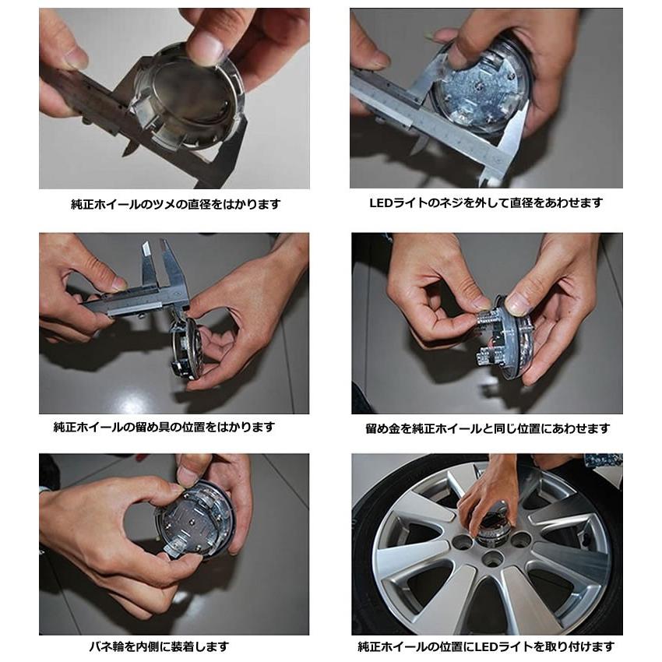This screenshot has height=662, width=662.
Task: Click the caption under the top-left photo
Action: pyautogui.click(x=176, y=204)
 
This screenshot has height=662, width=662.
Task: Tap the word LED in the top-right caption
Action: pyautogui.click(x=381, y=203)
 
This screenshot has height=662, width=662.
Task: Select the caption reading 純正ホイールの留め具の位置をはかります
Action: pyautogui.click(x=164, y=427)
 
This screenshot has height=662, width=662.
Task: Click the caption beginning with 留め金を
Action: pyautogui.click(x=488, y=428)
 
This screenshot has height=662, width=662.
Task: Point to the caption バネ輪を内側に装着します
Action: pyautogui.click(x=159, y=646)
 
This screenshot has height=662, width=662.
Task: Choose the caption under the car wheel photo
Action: pyautogui.click(x=486, y=646)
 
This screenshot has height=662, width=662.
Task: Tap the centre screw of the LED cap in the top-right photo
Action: pyautogui.click(x=478, y=86)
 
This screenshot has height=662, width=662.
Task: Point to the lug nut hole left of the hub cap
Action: pyautogui.click(x=462, y=541)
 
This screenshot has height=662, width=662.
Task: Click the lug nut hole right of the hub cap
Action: pyautogui.click(x=520, y=539)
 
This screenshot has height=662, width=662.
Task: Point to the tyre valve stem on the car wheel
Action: pyautogui.click(x=586, y=535)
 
